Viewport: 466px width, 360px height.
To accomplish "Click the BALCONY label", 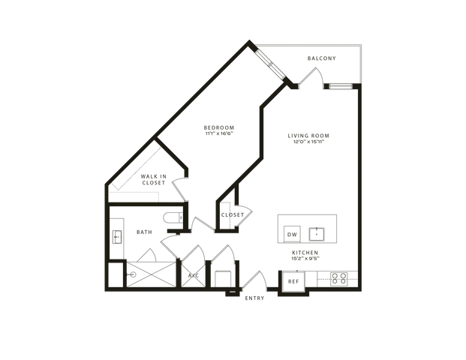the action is point(322,58).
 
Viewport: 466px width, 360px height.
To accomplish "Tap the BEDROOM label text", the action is point(219,127).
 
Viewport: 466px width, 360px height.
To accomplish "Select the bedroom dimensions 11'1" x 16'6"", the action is point(219,133).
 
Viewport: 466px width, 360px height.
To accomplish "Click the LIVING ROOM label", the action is point(308,136).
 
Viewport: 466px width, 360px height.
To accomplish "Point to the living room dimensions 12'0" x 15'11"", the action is point(308,142).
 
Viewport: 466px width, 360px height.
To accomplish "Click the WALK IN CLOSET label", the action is point(154,180).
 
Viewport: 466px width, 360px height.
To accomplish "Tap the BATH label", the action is point(144,232).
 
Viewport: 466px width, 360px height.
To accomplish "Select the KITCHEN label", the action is point(305,253).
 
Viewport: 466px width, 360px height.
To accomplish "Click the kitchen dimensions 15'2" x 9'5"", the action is point(305,259).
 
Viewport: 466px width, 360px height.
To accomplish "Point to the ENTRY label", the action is point(254,298).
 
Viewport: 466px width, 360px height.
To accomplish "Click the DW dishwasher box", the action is point(292,234).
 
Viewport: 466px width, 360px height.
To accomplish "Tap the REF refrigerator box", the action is point(293,281).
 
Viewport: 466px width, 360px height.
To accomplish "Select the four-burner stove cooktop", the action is point(338,279).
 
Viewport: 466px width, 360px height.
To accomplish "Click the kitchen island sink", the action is point(317,234).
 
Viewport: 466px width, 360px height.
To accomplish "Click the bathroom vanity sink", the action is point(117,237).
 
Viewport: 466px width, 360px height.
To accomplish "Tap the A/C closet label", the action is point(194,276).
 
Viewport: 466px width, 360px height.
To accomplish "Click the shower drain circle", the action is point(133,274).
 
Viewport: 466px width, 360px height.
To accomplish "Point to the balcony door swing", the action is point(311,78).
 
